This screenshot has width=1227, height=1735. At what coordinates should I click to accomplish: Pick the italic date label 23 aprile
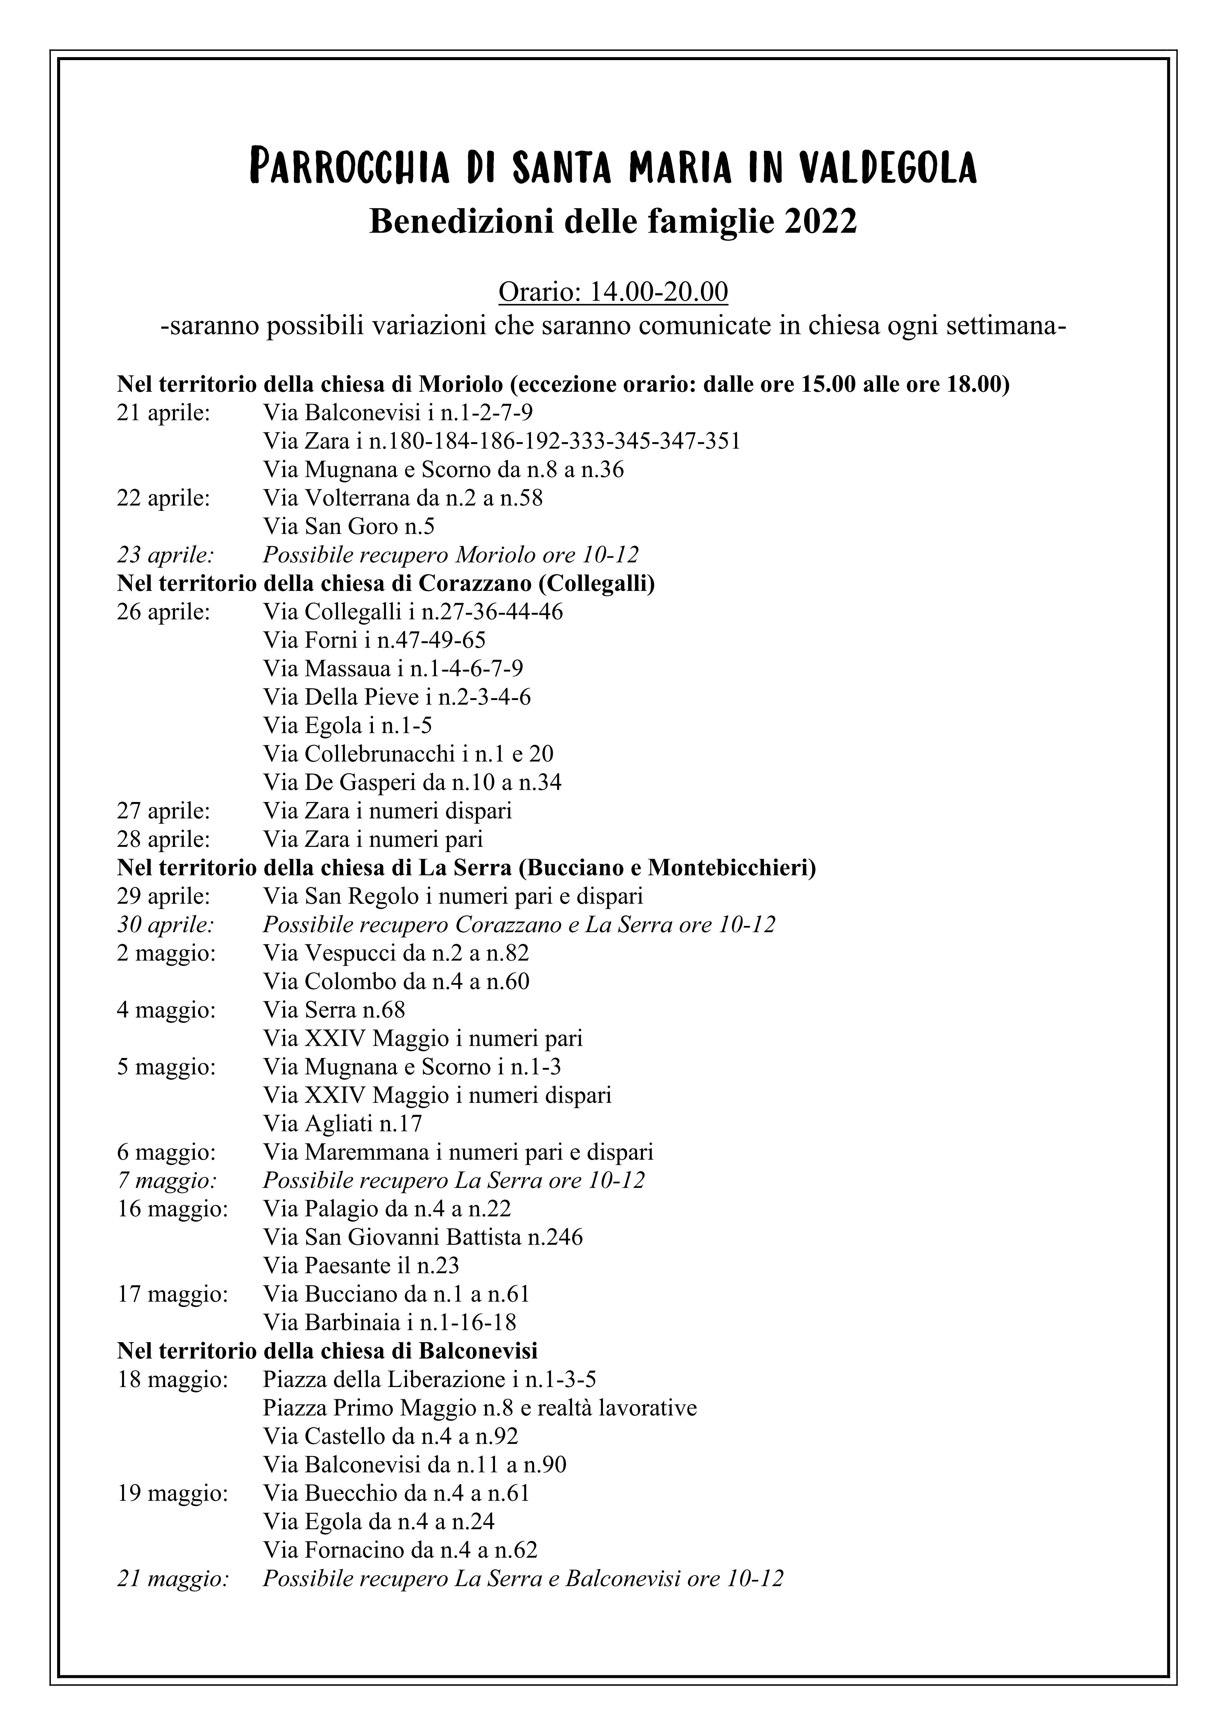[165, 555]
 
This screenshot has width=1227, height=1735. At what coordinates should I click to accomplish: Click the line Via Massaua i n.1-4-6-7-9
[393, 669]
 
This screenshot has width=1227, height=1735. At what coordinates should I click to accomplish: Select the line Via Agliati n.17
[342, 1124]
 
